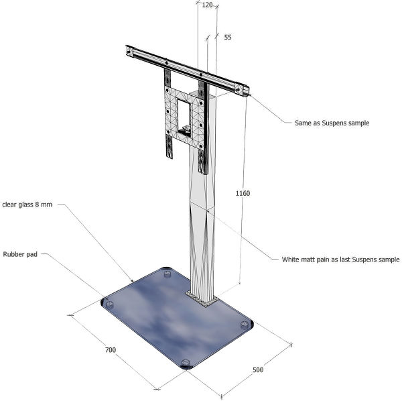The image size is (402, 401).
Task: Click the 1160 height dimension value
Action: (x=243, y=194)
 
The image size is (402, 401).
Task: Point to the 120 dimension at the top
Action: (x=207, y=5)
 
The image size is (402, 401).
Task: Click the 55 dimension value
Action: (x=228, y=38)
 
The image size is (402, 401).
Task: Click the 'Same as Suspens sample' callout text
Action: (x=332, y=123)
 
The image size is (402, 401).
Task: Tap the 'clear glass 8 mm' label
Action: (x=27, y=205)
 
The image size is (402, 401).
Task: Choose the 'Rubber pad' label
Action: (x=21, y=255)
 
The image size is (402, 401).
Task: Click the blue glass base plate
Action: (x=167, y=322)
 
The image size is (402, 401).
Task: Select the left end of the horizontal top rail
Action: (x=129, y=51)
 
